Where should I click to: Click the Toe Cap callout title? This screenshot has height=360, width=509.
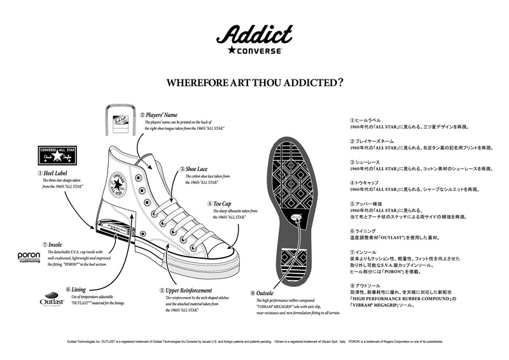tap(222, 204)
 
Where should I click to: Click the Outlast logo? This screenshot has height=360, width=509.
tap(51, 302)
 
